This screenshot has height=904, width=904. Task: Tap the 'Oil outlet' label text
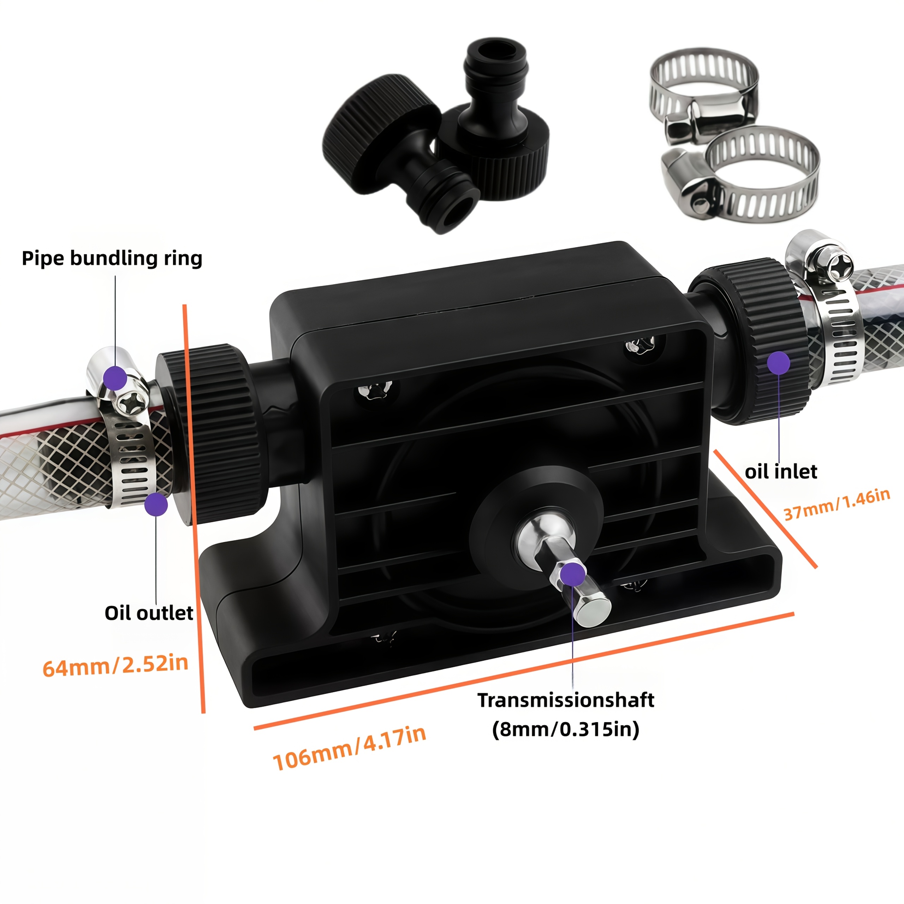pyautogui.click(x=149, y=613)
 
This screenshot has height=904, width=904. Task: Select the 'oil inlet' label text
pyautogui.click(x=781, y=471)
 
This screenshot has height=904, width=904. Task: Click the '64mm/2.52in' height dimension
pyautogui.click(x=115, y=665)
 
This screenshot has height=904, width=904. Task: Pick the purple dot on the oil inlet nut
pyautogui.click(x=779, y=363)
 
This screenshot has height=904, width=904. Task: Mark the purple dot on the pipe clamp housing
pyautogui.click(x=115, y=378)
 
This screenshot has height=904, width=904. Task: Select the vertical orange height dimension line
pyautogui.click(x=194, y=508)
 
